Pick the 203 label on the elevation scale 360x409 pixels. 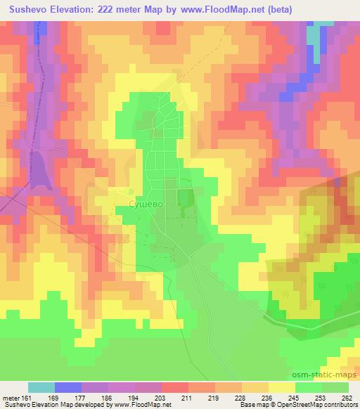click(161, 397)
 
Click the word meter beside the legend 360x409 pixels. click(10, 397)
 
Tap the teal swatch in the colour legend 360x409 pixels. click(41, 387)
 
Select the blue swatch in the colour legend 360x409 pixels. click(68, 387)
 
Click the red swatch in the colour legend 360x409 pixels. click(174, 387)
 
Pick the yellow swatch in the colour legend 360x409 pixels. click(281, 387)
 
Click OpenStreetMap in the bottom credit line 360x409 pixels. click(307, 405)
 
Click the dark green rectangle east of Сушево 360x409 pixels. click(185, 198)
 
